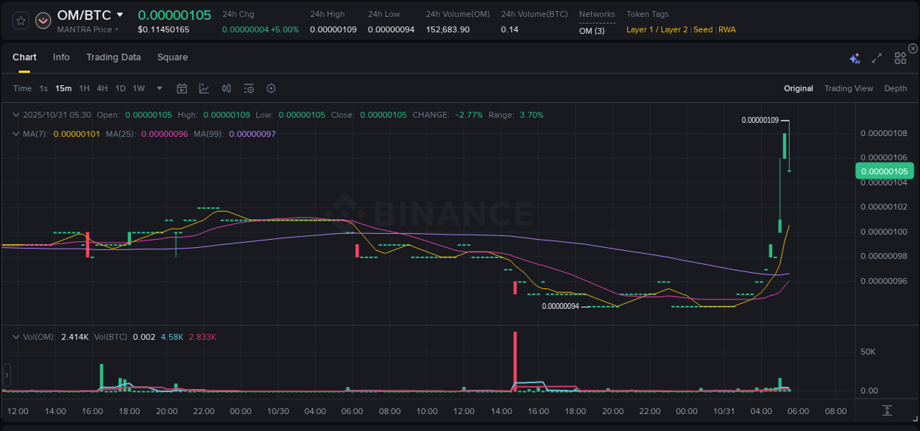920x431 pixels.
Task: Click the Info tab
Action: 61,57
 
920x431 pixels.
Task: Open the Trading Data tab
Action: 113,57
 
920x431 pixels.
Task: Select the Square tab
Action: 172,57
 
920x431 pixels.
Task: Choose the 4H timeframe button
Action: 102,89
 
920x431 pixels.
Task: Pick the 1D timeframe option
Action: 120,89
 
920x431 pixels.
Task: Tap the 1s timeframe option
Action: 43,89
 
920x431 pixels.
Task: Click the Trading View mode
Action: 848,89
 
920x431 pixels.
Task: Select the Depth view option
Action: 895,89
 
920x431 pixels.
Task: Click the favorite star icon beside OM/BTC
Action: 21,21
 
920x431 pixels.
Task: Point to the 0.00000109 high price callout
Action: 760,120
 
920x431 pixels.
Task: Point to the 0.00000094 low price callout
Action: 560,307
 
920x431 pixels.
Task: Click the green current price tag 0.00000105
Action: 884,171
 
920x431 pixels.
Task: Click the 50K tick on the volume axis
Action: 868,352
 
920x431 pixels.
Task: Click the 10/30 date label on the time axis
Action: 277,411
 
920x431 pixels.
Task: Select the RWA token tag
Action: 726,30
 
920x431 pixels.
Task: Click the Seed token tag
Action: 703,30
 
